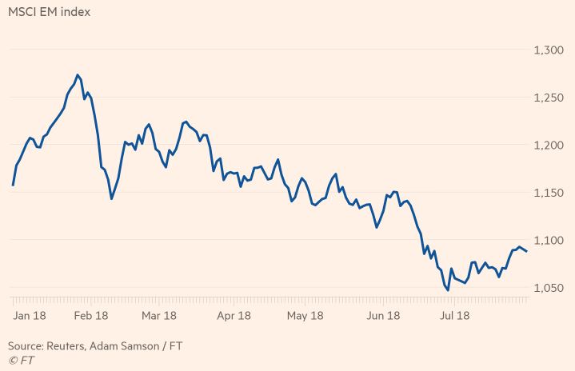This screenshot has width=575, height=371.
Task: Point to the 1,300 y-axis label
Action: click(x=549, y=50)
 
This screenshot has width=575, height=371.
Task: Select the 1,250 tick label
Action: click(x=549, y=98)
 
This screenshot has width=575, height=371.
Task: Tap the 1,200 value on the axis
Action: click(x=549, y=145)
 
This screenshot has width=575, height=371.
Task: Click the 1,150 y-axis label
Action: click(x=549, y=193)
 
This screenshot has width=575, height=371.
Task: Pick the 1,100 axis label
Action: click(x=549, y=240)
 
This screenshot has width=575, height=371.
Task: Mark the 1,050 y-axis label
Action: click(x=549, y=288)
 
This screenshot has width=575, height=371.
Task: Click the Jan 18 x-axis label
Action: click(x=30, y=315)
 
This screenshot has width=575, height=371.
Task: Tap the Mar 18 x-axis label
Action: click(x=158, y=315)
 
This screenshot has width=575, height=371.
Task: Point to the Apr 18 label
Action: click(x=233, y=315)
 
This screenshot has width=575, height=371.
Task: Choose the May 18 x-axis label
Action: click(x=305, y=315)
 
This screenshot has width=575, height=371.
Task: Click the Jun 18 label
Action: click(x=382, y=315)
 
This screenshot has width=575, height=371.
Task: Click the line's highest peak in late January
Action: click(x=78, y=75)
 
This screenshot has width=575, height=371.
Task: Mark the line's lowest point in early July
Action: click(x=448, y=289)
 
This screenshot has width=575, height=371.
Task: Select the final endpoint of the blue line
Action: click(x=526, y=252)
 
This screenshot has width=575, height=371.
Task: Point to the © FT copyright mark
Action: click(x=22, y=361)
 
